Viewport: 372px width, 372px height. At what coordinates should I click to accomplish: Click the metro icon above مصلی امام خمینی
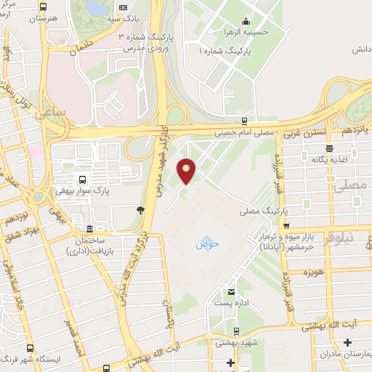tap(244, 122)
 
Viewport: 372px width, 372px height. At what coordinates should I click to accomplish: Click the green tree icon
tap(138, 211)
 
